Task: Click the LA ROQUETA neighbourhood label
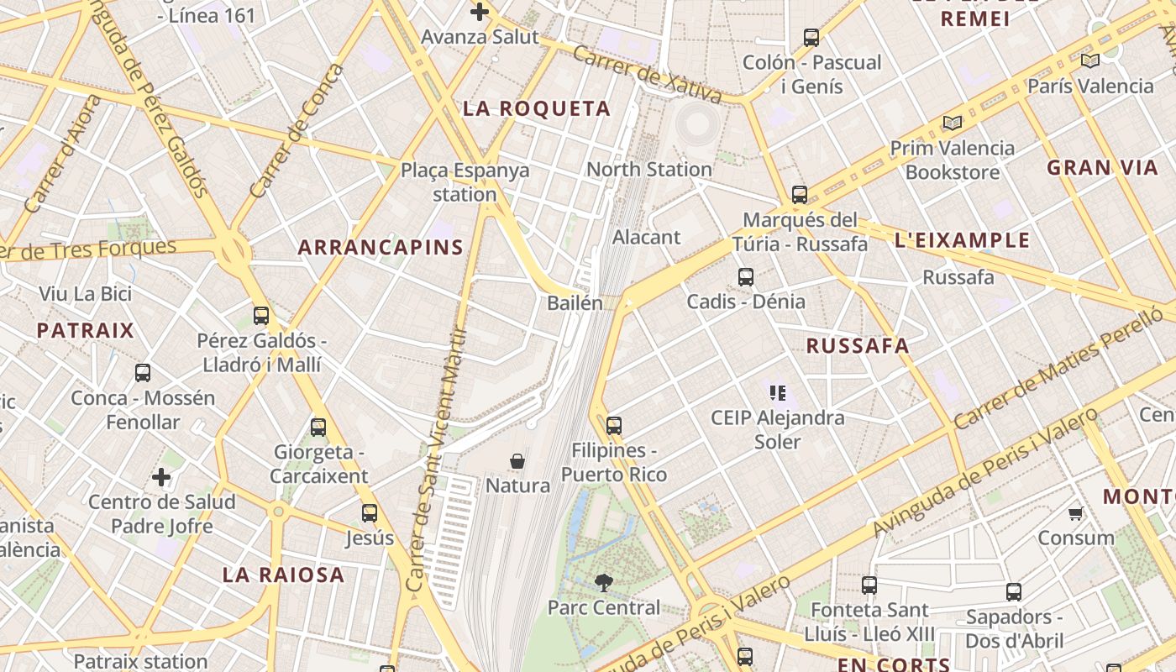(x=537, y=108)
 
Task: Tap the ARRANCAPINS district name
(x=381, y=247)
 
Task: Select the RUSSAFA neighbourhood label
(x=858, y=345)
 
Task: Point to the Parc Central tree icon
(x=603, y=582)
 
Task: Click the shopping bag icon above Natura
(x=517, y=461)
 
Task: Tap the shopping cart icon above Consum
(x=1075, y=513)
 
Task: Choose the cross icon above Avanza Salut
(x=480, y=12)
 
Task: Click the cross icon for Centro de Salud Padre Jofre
(x=161, y=478)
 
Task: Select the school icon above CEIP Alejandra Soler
(x=777, y=392)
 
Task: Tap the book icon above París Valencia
(x=1090, y=60)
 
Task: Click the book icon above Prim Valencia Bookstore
(x=952, y=123)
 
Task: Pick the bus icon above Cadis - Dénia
(x=745, y=276)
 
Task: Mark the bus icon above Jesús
(x=370, y=513)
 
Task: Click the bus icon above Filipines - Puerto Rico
(x=614, y=426)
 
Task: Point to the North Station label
(x=648, y=169)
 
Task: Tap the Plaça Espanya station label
(x=465, y=182)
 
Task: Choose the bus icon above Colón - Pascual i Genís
(x=811, y=38)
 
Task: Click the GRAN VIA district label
(x=1102, y=167)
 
